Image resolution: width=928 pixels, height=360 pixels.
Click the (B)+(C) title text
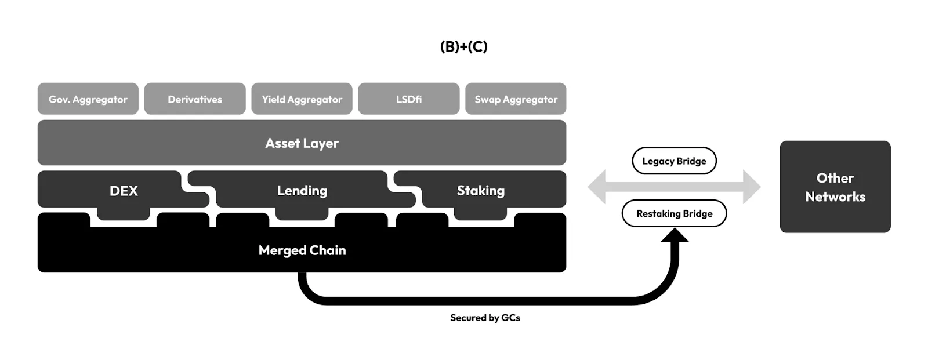[463, 46]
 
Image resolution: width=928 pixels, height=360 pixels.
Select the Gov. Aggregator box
[88, 99]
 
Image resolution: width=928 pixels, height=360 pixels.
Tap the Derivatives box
[195, 99]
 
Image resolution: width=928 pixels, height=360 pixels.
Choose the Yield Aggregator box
[302, 99]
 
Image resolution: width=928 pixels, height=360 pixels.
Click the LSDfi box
[409, 99]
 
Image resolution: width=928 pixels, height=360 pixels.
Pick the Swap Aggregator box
[516, 99]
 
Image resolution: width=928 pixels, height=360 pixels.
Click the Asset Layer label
[302, 143]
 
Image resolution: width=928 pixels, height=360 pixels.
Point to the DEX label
[124, 191]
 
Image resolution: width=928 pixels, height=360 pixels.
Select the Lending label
[302, 191]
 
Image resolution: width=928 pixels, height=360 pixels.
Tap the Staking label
[480, 191]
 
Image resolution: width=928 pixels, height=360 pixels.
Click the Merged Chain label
[302, 250]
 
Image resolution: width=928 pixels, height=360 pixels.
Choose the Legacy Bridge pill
[674, 161]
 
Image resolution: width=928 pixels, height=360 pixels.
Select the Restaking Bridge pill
[674, 213]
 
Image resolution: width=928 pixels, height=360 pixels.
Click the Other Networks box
[835, 187]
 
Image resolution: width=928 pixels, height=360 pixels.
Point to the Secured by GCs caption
[485, 318]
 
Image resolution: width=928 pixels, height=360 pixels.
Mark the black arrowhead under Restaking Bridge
[675, 235]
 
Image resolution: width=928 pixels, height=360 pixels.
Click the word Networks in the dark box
[835, 197]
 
